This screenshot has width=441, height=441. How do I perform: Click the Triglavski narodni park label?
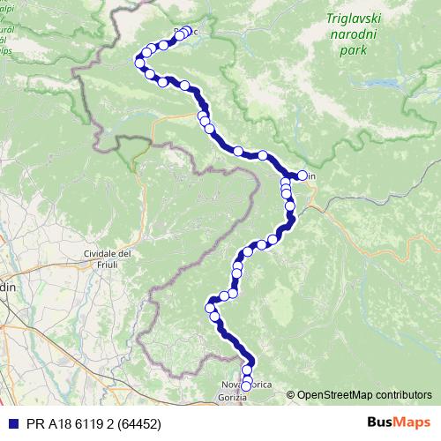pyautogui.click(x=359, y=34)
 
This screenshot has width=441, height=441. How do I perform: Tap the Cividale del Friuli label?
pyautogui.click(x=107, y=259)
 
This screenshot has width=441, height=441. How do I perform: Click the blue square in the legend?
pyautogui.click(x=11, y=423)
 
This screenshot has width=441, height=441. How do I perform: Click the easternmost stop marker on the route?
pyautogui.click(x=303, y=176)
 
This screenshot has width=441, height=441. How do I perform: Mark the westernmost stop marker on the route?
pyautogui.click(x=138, y=61)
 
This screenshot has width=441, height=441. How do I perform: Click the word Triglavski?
pyautogui.click(x=359, y=18)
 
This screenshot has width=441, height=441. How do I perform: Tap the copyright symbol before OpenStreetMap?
pyautogui.click(x=291, y=395)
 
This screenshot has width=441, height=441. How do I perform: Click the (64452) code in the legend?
pyautogui.click(x=133, y=423)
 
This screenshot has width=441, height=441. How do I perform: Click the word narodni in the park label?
pyautogui.click(x=360, y=34)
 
